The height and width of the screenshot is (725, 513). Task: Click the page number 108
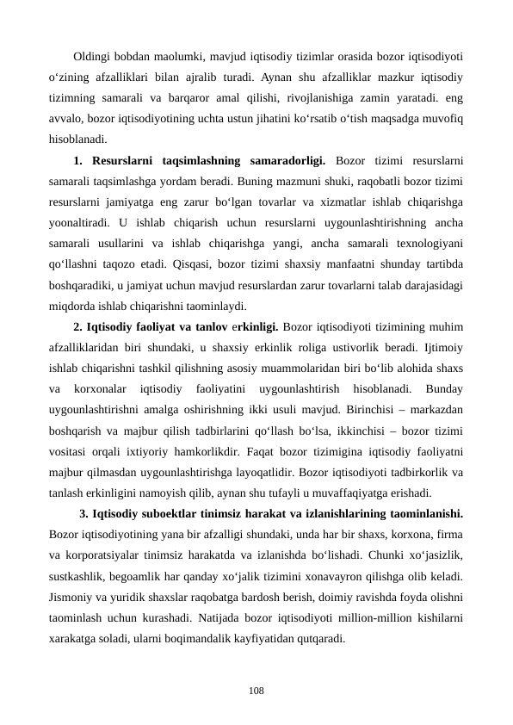256,691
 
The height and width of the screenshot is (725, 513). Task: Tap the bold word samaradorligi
286,160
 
